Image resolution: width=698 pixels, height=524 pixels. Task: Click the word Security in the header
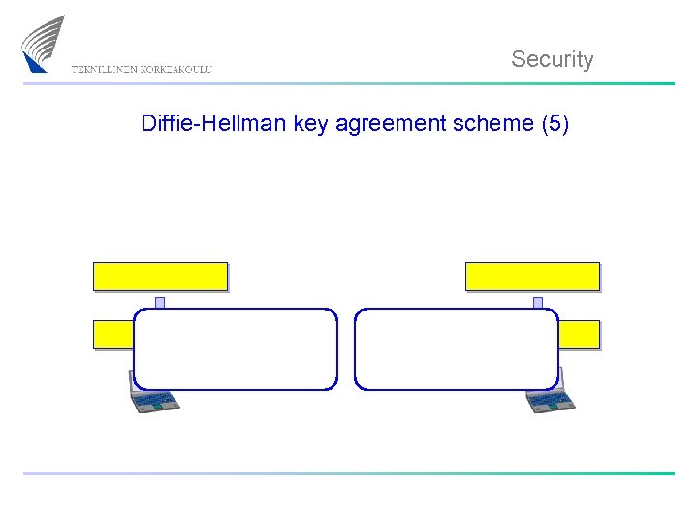pyautogui.click(x=552, y=59)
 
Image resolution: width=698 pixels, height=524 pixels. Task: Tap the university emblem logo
pyautogui.click(x=43, y=44)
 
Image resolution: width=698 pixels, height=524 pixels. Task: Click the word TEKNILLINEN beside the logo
pyautogui.click(x=105, y=70)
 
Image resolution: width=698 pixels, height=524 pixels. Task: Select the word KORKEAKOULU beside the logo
pyautogui.click(x=176, y=70)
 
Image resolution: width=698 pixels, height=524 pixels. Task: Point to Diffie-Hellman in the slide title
pyautogui.click(x=198, y=123)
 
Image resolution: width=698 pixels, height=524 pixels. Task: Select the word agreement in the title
pyautogui.click(x=373, y=124)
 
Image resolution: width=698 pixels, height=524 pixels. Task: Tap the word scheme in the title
pyautogui.click(x=485, y=123)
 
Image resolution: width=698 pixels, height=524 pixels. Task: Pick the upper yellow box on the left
pyautogui.click(x=160, y=277)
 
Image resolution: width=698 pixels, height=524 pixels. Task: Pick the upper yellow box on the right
pyautogui.click(x=532, y=277)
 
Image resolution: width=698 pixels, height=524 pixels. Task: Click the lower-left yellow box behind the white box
pyautogui.click(x=112, y=335)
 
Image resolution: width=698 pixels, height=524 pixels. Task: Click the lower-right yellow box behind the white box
pyautogui.click(x=580, y=335)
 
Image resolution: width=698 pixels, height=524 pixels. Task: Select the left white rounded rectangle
pyautogui.click(x=236, y=349)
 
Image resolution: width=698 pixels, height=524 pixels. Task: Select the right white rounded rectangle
pyautogui.click(x=457, y=349)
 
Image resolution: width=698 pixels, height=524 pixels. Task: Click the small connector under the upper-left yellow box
pyautogui.click(x=160, y=302)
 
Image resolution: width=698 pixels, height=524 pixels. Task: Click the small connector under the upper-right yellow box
pyautogui.click(x=537, y=302)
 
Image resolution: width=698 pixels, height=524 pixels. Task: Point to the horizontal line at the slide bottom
pyautogui.click(x=349, y=474)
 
